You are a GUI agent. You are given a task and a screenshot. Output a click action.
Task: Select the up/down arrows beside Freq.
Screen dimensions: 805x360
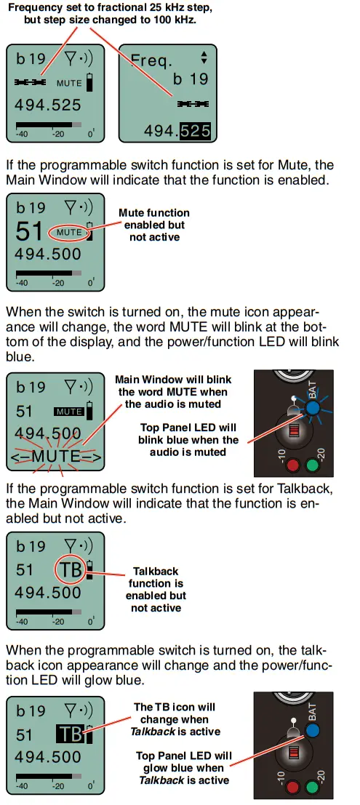[204, 59]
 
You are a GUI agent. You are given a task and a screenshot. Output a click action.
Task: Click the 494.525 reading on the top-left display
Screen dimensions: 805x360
[48, 104]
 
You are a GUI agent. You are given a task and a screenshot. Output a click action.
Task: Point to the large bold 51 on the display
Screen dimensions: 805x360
[29, 231]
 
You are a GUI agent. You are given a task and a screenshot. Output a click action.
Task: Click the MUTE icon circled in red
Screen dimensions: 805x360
[69, 232]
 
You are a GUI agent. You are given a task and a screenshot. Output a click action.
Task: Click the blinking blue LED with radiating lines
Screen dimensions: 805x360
[313, 407]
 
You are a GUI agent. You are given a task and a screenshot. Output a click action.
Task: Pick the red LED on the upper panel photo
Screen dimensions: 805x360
[293, 463]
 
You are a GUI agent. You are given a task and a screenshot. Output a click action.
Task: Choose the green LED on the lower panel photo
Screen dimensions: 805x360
[314, 786]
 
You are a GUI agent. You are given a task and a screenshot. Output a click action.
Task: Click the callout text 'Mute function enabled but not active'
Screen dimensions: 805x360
[153, 225]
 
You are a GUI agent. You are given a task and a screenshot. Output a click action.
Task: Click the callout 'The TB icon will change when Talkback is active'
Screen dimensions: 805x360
[175, 719]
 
